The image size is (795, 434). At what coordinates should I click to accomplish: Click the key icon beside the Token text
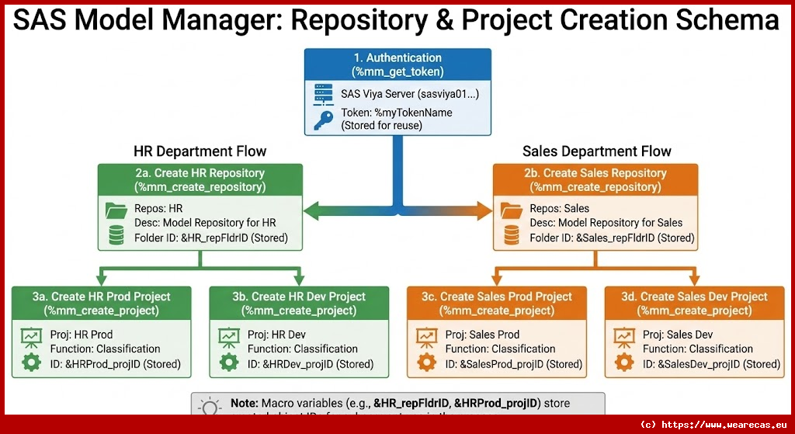[x=323, y=120]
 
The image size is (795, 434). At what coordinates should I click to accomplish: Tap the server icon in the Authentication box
[x=323, y=94]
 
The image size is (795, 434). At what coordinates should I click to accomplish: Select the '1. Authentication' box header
[x=397, y=64]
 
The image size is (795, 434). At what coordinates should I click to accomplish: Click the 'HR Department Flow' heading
[x=200, y=151]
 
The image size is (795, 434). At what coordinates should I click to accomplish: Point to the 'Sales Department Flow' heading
[x=596, y=151]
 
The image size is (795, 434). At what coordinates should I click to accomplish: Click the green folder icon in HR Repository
[x=116, y=209]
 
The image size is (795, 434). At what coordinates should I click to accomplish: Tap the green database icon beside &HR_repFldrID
[x=116, y=235]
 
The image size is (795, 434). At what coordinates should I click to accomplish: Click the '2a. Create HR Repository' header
[x=200, y=180]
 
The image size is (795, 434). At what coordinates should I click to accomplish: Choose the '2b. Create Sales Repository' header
[x=595, y=180]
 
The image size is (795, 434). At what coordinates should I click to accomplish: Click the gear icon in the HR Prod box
[x=32, y=362]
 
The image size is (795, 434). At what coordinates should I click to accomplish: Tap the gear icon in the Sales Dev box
[x=623, y=362]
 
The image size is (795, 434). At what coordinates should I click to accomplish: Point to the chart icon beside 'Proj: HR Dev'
[x=229, y=336]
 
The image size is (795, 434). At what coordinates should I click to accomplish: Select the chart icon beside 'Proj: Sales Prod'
[x=426, y=336]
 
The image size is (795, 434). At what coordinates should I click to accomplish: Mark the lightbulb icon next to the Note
[x=210, y=407]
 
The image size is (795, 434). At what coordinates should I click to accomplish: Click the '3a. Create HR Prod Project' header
[x=102, y=304]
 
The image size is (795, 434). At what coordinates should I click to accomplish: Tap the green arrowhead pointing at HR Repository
[x=309, y=209]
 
